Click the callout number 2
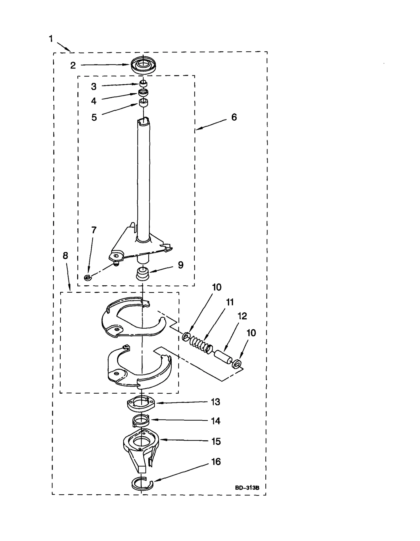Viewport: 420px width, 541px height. click(73, 65)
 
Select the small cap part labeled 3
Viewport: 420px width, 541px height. click(143, 84)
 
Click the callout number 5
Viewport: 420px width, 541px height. click(94, 117)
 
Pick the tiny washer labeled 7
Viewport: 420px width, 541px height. click(88, 277)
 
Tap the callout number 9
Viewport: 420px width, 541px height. click(181, 265)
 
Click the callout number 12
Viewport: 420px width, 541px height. click(242, 316)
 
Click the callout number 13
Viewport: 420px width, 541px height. click(216, 402)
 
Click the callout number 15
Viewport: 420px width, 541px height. click(216, 442)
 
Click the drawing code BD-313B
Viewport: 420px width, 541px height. click(247, 488)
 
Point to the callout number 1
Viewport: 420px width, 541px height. click(51, 39)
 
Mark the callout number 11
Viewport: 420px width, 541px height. click(230, 302)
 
